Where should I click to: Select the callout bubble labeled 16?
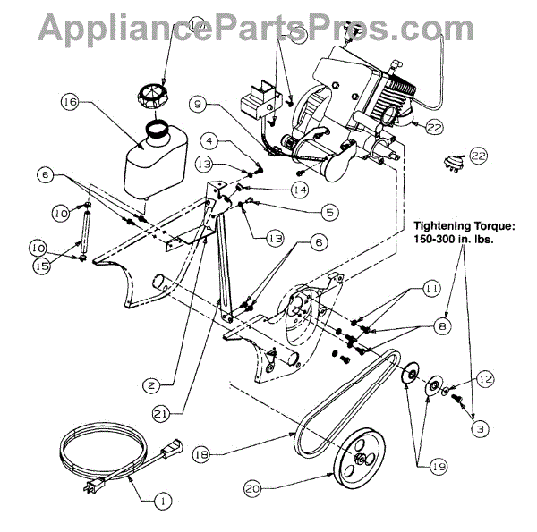[x=68, y=102]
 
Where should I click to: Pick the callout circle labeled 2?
[x=153, y=385]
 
